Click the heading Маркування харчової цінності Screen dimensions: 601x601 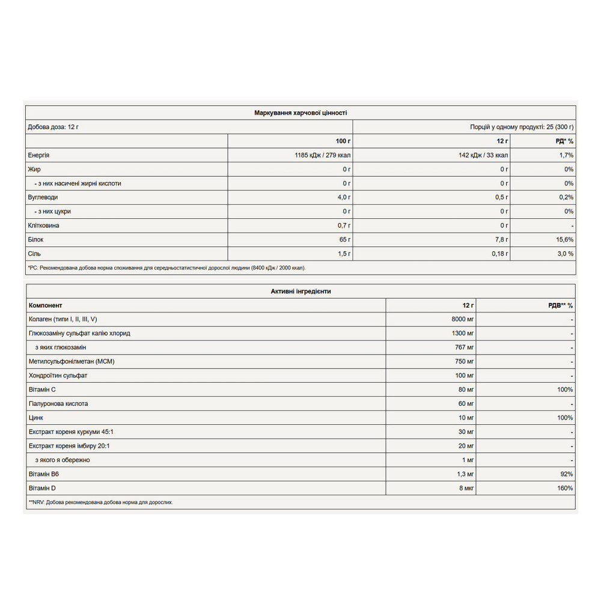point(300,112)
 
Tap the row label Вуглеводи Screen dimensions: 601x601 point(43,197)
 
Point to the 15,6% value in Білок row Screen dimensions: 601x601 point(564,239)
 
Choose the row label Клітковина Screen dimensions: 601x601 point(44,225)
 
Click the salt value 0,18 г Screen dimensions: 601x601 point(498,254)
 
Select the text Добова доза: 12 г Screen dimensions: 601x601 point(53,127)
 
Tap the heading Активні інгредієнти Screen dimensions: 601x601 point(300,291)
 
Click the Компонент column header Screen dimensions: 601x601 point(46,305)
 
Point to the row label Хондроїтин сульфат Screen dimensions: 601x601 point(58,376)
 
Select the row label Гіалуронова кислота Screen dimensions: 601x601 point(58,403)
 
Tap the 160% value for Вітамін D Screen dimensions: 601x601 point(565,488)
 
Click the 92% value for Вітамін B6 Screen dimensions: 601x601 point(567,474)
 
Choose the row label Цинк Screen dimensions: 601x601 point(36,418)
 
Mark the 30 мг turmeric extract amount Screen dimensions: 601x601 point(466,432)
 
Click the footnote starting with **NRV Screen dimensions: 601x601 point(100,502)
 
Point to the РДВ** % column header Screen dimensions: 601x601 point(559,305)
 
